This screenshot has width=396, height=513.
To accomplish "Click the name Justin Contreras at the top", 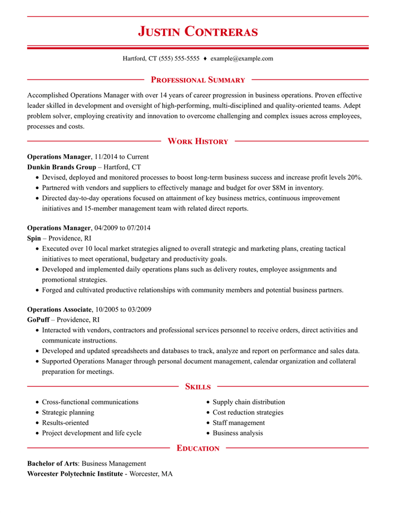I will click(x=198, y=31).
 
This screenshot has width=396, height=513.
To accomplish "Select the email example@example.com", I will click(x=242, y=58).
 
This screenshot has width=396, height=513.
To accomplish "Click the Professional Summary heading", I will click(x=198, y=80).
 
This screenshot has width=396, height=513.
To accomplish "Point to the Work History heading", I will click(x=198, y=141).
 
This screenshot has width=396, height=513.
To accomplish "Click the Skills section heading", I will click(x=197, y=386).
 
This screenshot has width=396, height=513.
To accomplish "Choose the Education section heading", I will click(x=197, y=447).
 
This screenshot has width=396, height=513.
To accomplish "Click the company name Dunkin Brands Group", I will click(x=61, y=167).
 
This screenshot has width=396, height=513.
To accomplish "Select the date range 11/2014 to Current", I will click(x=122, y=157).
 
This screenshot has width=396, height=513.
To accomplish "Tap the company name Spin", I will click(x=34, y=238).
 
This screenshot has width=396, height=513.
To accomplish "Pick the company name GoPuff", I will click(x=38, y=320).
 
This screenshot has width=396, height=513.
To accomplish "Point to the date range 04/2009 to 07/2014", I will click(x=122, y=228).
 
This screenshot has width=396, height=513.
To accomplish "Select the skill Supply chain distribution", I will click(x=249, y=402).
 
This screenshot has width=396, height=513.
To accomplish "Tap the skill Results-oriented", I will click(x=65, y=423).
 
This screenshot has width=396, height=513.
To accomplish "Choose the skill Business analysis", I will click(x=237, y=433).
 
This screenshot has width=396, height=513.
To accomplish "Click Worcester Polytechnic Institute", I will click(x=75, y=473).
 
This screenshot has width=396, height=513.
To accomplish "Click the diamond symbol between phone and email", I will click(x=205, y=58).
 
